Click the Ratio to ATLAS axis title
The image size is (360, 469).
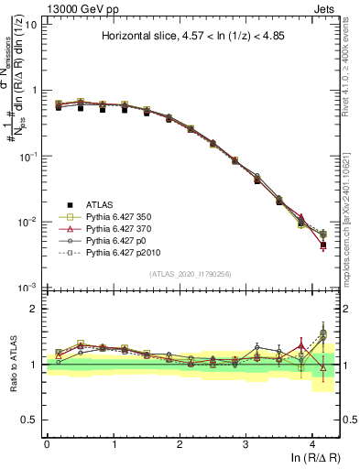coord(11,364)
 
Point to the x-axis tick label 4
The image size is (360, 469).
coord(312,443)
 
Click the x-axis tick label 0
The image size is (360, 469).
coord(47,443)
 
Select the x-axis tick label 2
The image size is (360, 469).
coord(180,443)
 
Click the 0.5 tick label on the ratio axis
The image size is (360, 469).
coord(28,420)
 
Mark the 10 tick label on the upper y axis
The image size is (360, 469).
coord(29,24)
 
